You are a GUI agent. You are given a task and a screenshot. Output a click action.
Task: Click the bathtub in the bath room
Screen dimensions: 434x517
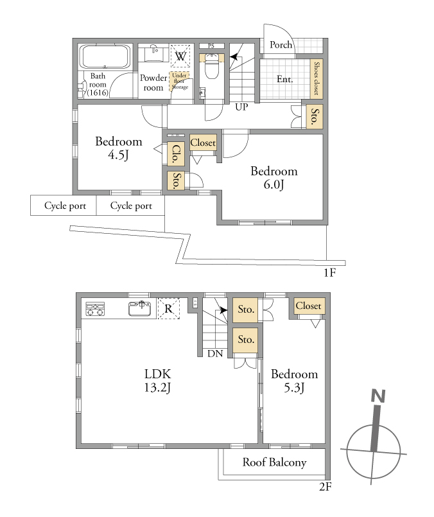[x=105, y=57]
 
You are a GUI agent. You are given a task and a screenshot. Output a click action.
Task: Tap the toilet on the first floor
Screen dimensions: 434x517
[x=211, y=66]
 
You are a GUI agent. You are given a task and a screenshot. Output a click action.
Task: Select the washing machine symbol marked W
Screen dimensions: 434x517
[x=180, y=56]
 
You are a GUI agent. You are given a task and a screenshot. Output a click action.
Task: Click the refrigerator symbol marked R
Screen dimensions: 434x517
[x=169, y=309]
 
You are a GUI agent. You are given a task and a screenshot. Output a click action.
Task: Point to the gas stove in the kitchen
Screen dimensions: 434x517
[x=95, y=309]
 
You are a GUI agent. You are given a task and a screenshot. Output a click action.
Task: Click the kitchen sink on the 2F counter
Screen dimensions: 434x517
[x=140, y=309]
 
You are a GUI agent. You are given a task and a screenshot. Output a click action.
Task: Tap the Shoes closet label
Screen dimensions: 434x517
[x=317, y=78]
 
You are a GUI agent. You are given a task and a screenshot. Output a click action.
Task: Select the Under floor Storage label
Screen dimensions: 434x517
[x=180, y=81]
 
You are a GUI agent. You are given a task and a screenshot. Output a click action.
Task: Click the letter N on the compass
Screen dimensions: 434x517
[x=378, y=396]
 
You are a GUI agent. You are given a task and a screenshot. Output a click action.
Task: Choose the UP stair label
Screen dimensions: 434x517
[x=241, y=107]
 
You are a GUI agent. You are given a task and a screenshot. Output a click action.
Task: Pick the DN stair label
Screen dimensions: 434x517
[x=215, y=354]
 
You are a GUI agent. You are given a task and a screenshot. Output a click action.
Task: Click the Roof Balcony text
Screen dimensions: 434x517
[x=275, y=462]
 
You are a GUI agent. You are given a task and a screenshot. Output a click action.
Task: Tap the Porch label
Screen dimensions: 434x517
[x=281, y=45]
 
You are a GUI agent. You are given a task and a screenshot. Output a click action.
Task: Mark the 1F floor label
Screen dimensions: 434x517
[x=329, y=273]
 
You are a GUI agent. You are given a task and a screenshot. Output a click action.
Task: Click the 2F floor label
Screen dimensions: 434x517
[x=325, y=486]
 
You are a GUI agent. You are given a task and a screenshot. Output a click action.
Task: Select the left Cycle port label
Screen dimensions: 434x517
[x=65, y=206]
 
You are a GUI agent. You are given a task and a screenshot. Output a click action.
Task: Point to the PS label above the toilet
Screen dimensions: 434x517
[x=211, y=46]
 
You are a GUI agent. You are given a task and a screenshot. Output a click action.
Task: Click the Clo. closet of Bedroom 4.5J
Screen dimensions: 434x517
[x=176, y=153]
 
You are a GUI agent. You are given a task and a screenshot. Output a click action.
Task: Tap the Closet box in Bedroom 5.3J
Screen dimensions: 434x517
[x=308, y=306]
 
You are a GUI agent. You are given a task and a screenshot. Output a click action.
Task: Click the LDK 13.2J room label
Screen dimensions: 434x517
[x=157, y=380]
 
